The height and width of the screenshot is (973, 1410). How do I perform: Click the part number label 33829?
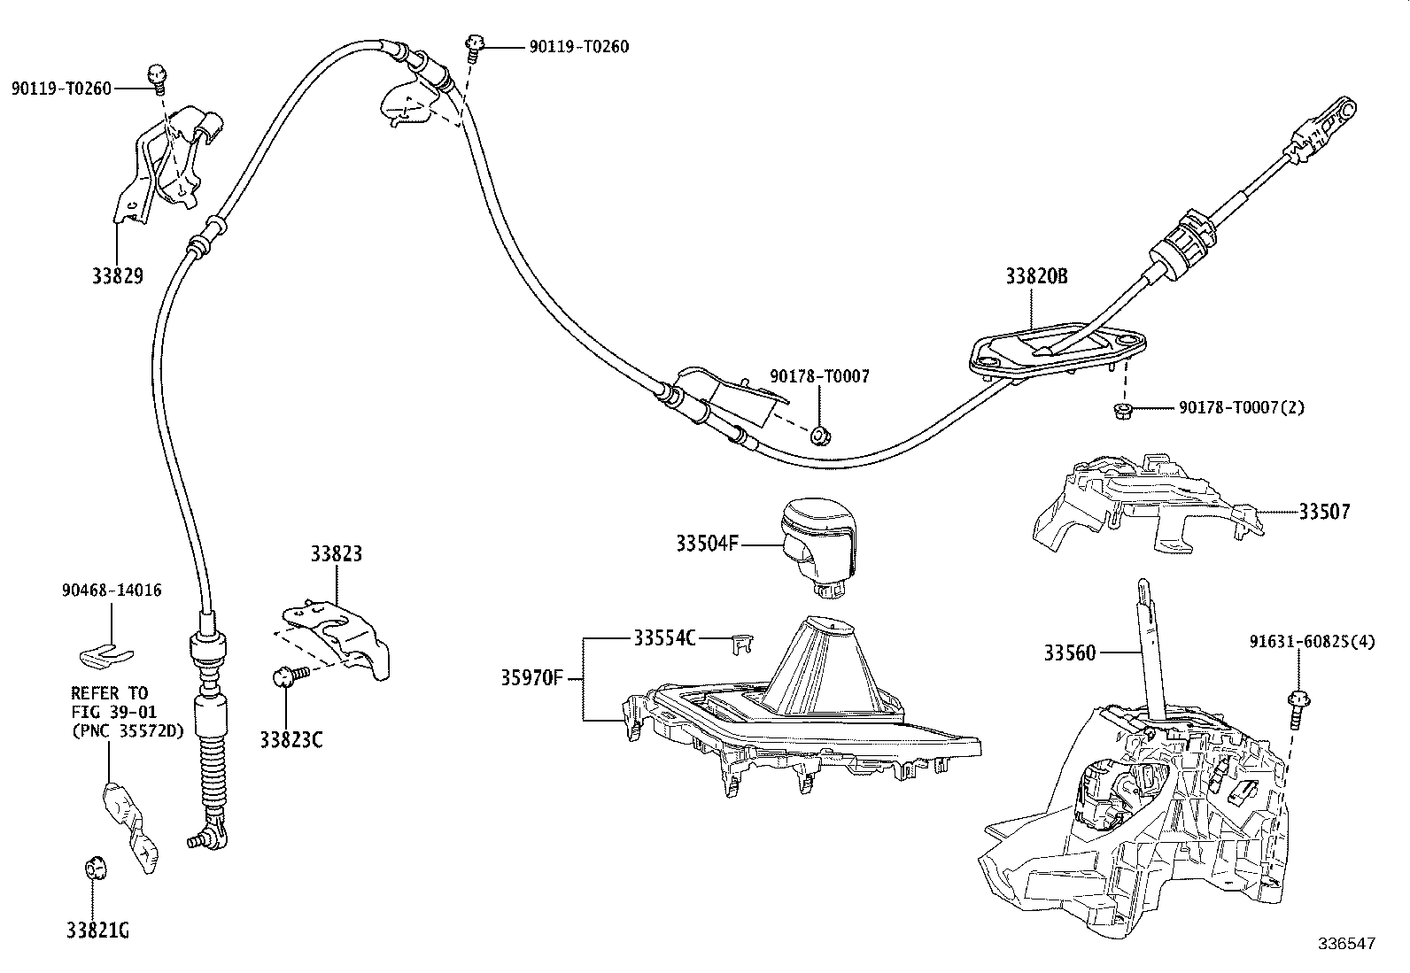[118, 275]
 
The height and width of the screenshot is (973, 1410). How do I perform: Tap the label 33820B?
[1036, 276]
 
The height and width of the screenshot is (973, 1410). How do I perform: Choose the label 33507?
[1325, 512]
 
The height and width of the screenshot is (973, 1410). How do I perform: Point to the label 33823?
[336, 554]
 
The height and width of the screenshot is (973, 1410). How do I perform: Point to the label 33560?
[1069, 654]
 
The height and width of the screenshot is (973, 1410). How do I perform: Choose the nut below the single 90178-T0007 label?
[819, 435]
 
